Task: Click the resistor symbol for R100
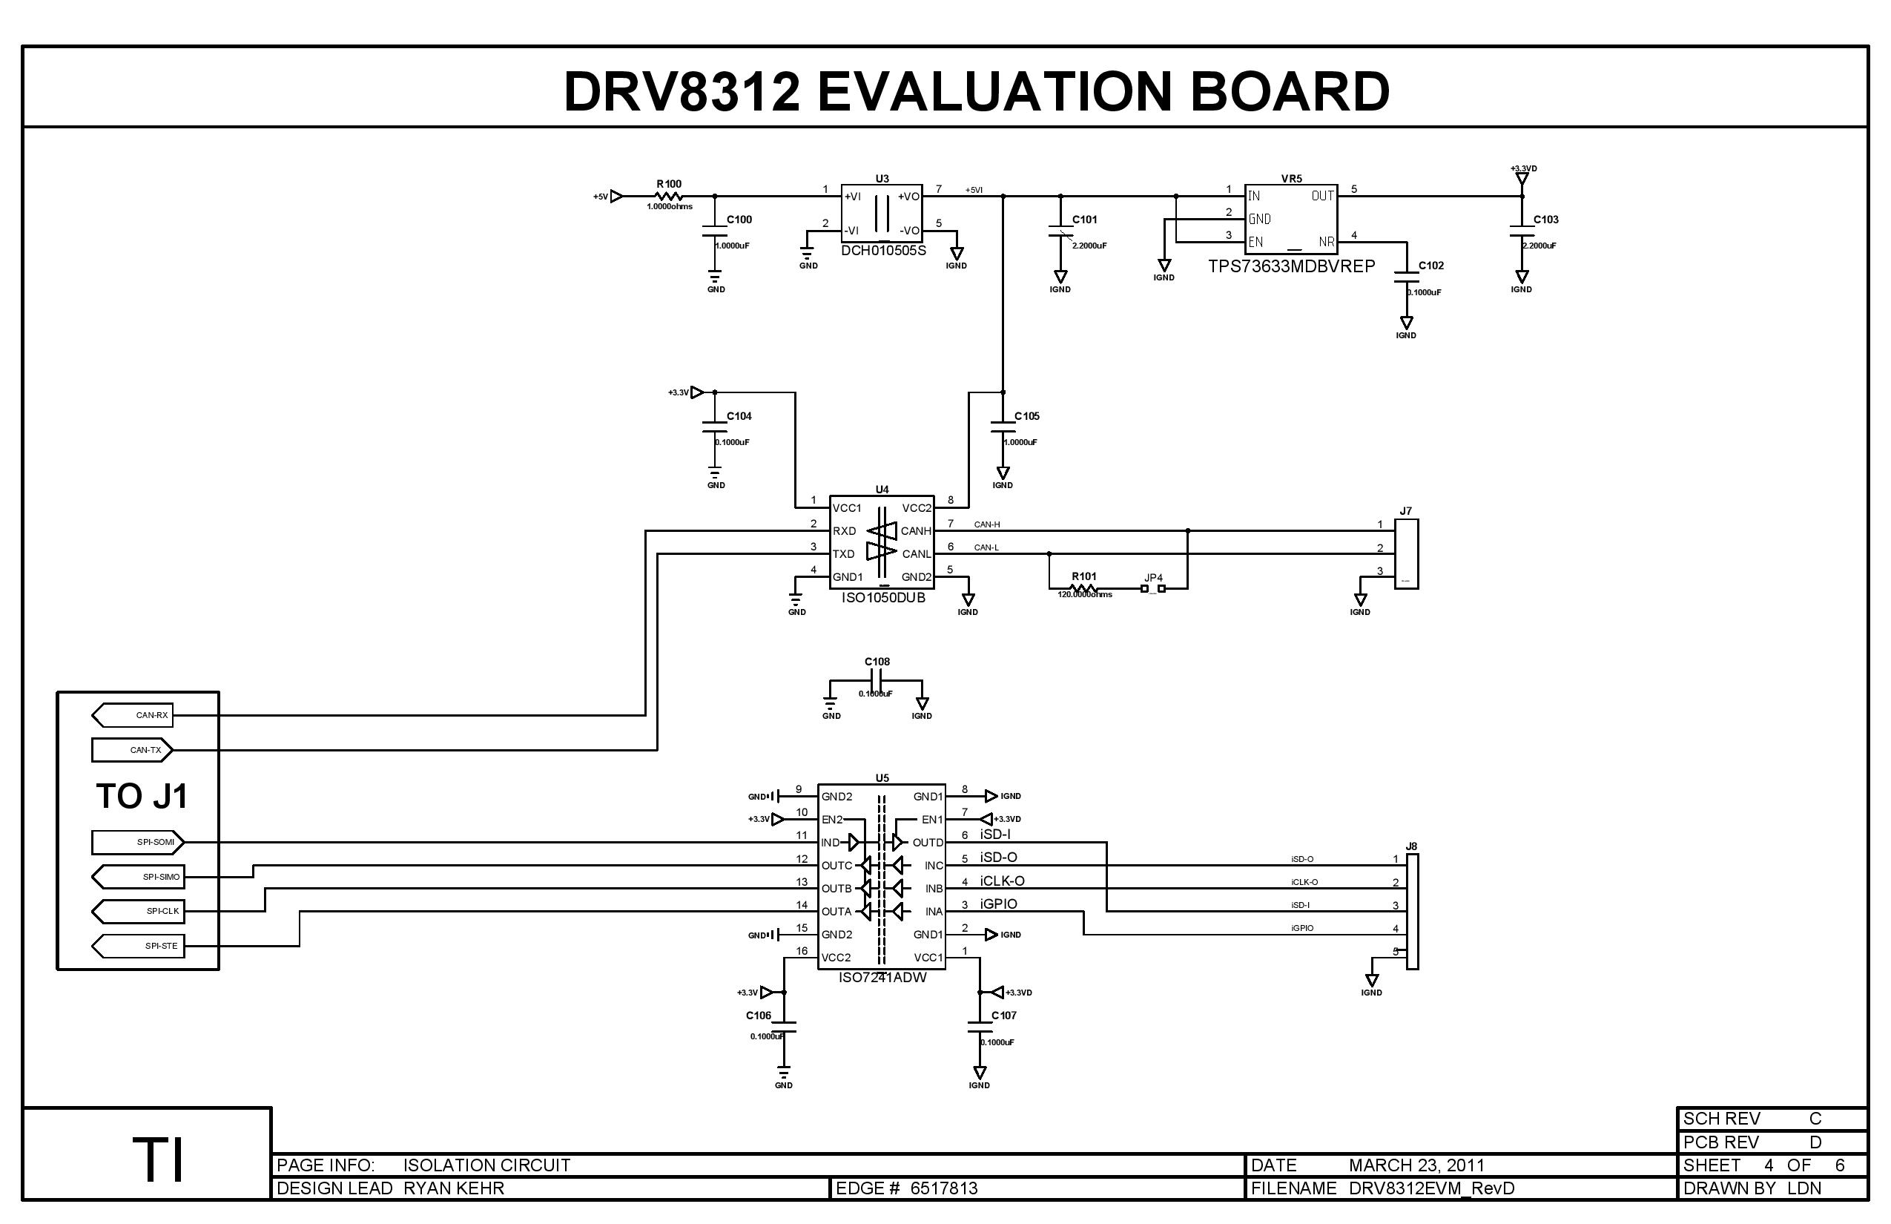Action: (x=669, y=197)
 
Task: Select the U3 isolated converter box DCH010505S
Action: (x=881, y=212)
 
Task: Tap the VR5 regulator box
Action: (x=1290, y=220)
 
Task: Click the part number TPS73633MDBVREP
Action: (x=1291, y=267)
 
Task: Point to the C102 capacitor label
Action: (x=1431, y=266)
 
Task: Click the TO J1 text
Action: (x=142, y=797)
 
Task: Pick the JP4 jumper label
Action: (x=1153, y=578)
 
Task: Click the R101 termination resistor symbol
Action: (x=1083, y=589)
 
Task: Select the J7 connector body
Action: (x=1406, y=554)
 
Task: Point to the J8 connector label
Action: (x=1411, y=846)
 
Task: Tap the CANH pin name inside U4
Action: (x=915, y=531)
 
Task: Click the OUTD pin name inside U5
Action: (x=927, y=843)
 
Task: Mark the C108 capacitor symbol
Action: (x=877, y=681)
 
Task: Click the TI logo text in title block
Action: (x=158, y=1160)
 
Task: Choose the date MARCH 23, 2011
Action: (x=1416, y=1165)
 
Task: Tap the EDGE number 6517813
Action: (x=944, y=1188)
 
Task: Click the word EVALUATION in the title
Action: (x=994, y=91)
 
